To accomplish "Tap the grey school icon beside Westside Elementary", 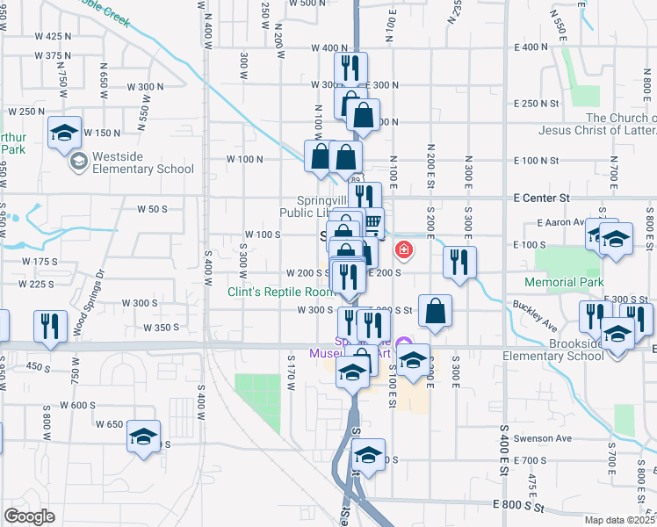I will (78, 162).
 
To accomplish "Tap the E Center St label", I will (542, 199).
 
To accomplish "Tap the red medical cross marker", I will (404, 251).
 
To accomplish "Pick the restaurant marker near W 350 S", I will (49, 326).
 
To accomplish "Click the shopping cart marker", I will (372, 221).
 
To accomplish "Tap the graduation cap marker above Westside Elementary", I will (64, 132).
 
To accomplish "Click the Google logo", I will (29, 516).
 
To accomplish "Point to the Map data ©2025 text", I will (622, 520).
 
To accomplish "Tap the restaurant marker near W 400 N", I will (350, 67).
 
